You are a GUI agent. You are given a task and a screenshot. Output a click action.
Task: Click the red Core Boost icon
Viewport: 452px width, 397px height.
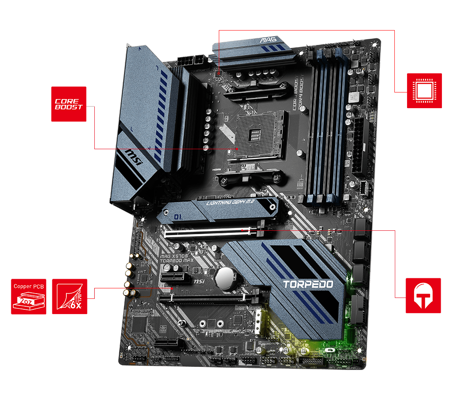pyautogui.click(x=69, y=104)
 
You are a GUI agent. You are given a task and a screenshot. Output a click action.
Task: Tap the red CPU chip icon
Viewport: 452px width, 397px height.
pyautogui.click(x=424, y=91)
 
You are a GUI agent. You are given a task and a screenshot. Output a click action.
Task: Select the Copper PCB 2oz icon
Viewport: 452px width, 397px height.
pyautogui.click(x=28, y=297)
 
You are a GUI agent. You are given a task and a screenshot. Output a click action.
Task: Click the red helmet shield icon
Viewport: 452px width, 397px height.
pyautogui.click(x=423, y=295)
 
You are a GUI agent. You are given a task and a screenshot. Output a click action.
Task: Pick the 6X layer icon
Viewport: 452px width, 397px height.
pyautogui.click(x=69, y=297)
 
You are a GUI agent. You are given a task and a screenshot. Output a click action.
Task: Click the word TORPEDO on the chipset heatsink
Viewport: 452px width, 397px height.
pyautogui.click(x=308, y=284)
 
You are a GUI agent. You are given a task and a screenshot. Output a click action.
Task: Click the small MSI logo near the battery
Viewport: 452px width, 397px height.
pyautogui.click(x=199, y=282)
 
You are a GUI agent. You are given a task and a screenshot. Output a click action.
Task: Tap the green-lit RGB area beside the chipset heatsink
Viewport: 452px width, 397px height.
pyautogui.click(x=349, y=305)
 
